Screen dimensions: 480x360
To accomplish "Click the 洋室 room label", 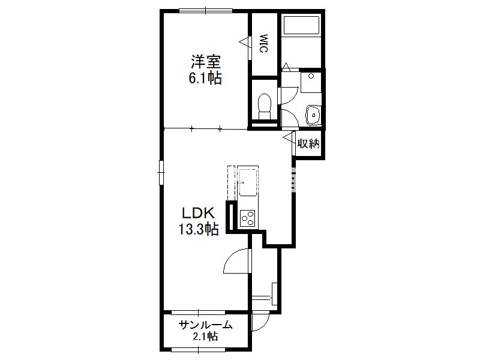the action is click(x=206, y=62).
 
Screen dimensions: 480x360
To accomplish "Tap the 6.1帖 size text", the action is click(x=205, y=79).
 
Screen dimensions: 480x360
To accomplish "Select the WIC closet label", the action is click(x=263, y=43).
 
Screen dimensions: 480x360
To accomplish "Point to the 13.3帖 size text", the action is click(x=199, y=229).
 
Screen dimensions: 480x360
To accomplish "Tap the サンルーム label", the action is click(x=205, y=325).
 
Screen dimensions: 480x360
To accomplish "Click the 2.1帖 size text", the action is click(x=205, y=337).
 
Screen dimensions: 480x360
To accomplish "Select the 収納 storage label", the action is click(x=309, y=143).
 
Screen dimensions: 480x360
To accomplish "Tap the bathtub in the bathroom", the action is click(x=302, y=25).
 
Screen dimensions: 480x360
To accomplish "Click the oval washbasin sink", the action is click(x=313, y=115).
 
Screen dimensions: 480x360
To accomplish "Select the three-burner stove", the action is click(x=247, y=218).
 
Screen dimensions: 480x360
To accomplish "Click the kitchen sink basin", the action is click(x=248, y=183).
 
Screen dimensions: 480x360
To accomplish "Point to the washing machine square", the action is click(x=311, y=82).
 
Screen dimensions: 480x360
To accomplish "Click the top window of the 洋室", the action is click(x=206, y=11).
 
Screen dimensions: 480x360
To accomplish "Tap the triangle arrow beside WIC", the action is click(x=245, y=42).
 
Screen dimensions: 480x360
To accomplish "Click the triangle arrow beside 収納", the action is click(x=289, y=137).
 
